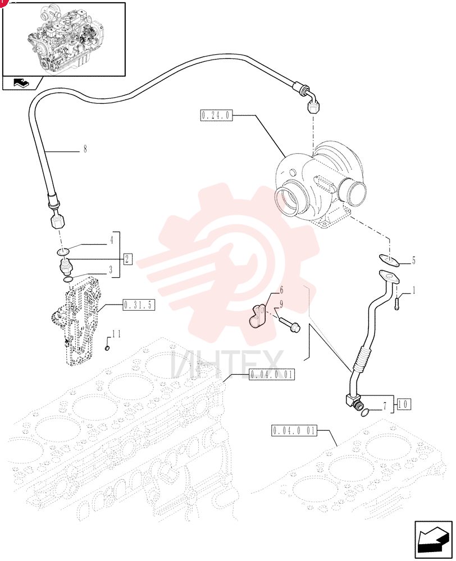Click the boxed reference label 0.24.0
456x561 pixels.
coord(216,116)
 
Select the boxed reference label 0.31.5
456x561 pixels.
coord(139,305)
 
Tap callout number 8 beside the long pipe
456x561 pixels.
coord(85,149)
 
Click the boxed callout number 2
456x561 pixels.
coord(128,259)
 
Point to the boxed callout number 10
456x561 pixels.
coord(403,404)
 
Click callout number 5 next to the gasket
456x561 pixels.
coord(414,260)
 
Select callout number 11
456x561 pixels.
coord(116,334)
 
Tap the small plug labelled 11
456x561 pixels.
coord(107,348)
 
